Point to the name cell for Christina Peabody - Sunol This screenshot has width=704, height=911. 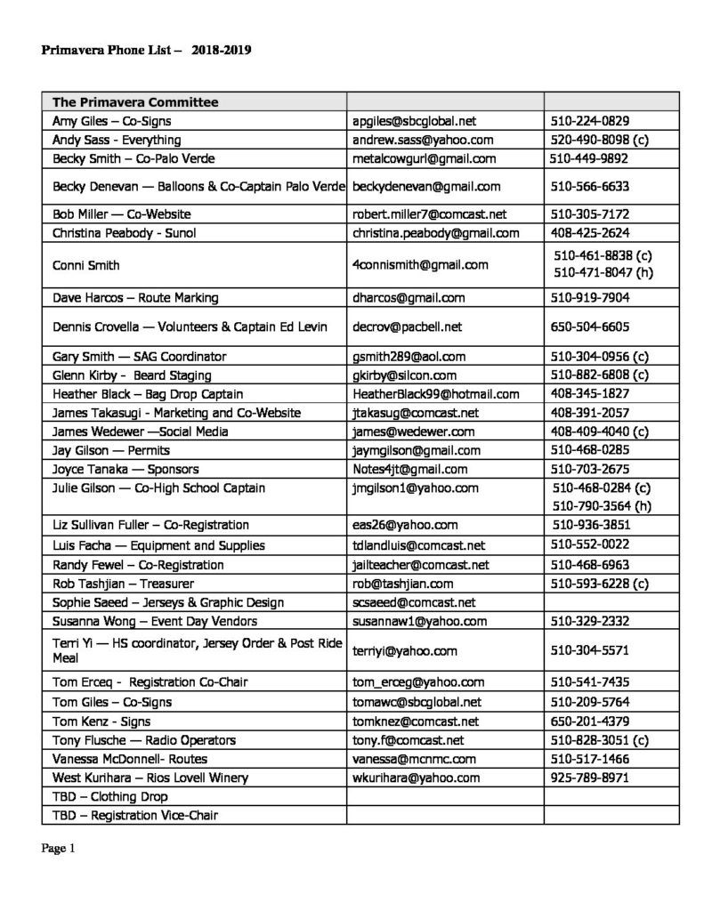tap(124, 233)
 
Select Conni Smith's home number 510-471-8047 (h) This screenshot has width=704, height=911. tap(603, 273)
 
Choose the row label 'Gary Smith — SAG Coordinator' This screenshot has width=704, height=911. tap(140, 357)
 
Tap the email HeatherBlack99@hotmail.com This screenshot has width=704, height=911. tap(435, 394)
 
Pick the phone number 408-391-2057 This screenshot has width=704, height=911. tap(590, 413)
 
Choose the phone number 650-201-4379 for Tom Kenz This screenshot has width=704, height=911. tap(590, 721)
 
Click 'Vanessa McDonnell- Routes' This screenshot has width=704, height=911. tap(128, 759)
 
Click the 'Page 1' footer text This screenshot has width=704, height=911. tap(59, 849)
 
